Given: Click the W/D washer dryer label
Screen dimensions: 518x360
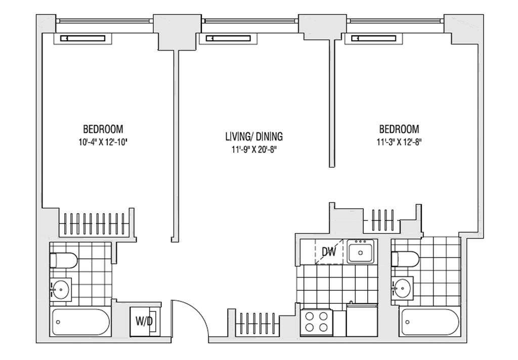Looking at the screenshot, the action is tap(144, 321).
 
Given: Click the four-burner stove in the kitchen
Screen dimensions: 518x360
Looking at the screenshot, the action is tap(316, 321).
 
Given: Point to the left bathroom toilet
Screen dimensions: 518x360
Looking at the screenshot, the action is tap(63, 260).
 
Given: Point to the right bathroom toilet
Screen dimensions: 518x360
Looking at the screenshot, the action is tap(405, 259).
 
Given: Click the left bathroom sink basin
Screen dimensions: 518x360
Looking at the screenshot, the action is tap(61, 290).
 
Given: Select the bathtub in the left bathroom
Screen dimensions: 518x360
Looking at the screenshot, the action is tap(80, 322).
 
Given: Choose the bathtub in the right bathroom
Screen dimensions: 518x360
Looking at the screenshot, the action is tap(429, 322).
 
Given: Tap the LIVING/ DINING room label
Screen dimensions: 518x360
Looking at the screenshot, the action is tap(253, 137).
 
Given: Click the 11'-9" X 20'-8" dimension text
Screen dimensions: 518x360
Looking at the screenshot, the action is tap(253, 149).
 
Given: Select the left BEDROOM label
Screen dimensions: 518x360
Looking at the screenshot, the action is tap(103, 129).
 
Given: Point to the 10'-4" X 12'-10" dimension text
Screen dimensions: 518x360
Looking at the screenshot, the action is tap(103, 142).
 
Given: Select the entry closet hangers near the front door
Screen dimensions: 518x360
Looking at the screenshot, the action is tap(257, 322).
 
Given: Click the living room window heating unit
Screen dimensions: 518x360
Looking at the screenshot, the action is tap(228, 38).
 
